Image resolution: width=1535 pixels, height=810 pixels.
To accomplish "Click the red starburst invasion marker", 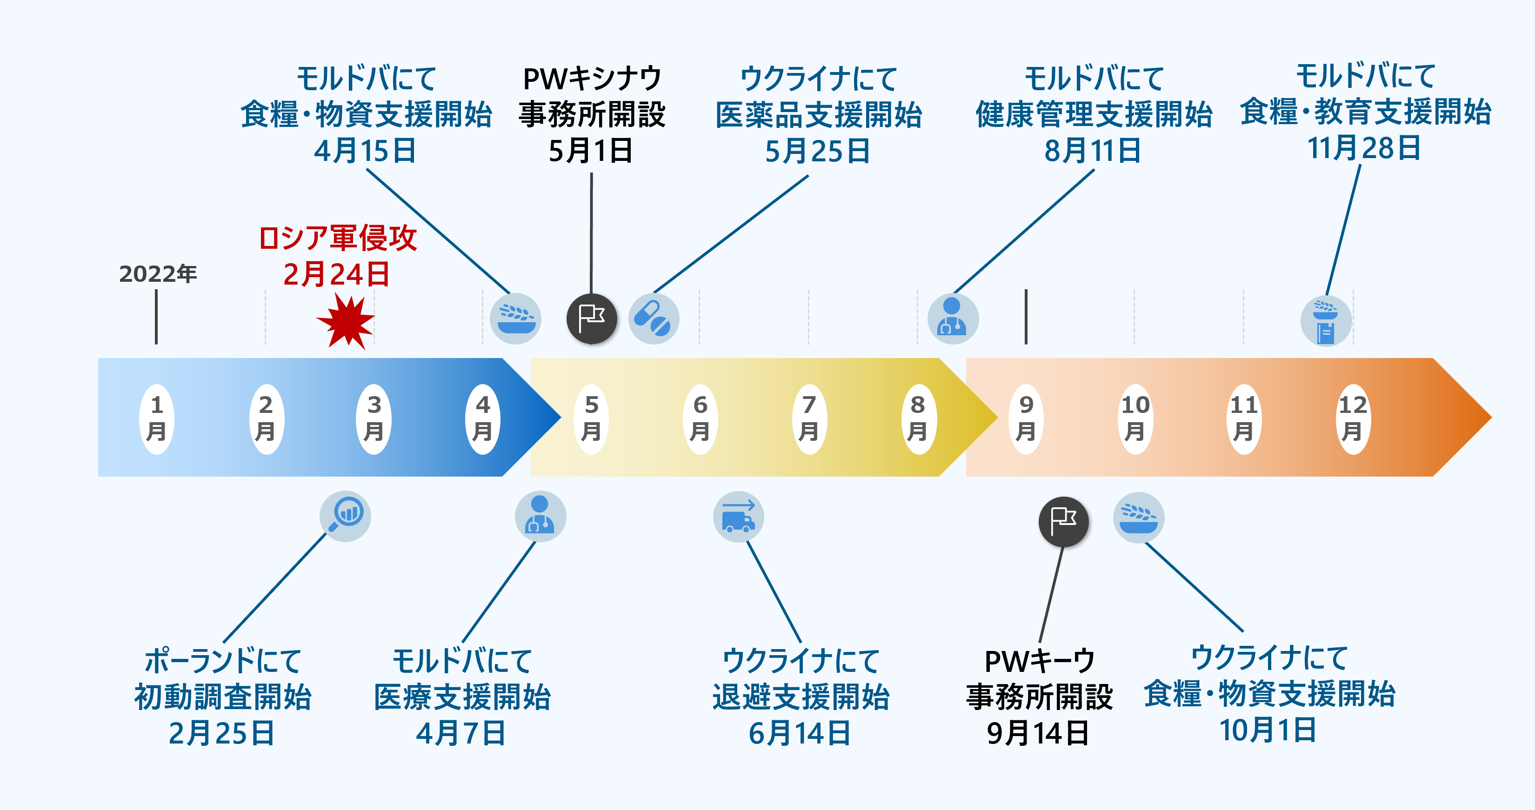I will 346,322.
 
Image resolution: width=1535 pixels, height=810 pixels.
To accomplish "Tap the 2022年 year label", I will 158,274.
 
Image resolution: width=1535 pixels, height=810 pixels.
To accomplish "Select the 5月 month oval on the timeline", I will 591,418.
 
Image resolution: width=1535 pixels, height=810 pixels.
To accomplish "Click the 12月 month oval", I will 1353,418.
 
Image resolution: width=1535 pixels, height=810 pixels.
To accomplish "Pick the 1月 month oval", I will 157,418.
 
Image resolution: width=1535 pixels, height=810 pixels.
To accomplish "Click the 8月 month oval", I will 918,418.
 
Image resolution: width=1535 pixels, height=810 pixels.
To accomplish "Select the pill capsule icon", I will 654,319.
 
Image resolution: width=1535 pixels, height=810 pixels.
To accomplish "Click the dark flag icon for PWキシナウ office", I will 591,319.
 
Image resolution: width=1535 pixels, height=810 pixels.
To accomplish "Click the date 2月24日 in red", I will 337,274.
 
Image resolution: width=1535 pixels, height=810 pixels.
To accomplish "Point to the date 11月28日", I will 1364,148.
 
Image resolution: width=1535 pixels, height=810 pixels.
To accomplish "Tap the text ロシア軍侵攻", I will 338,238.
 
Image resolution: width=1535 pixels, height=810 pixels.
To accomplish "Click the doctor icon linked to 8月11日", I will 952,319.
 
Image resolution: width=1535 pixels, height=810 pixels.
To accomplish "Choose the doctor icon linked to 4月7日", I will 540,516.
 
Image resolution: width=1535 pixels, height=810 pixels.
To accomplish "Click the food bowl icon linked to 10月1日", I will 1138,517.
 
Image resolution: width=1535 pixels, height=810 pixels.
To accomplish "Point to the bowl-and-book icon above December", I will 1326,320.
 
